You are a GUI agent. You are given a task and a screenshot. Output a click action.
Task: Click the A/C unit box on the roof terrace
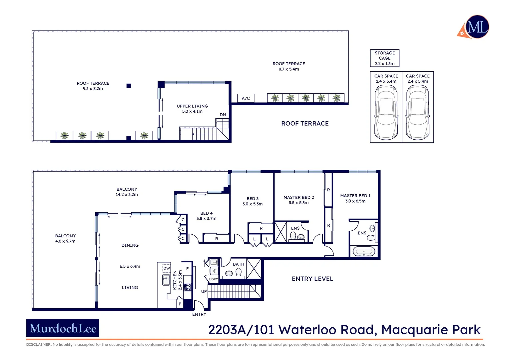pos(246,98)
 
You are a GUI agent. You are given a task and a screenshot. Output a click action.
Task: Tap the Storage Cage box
pos(384,58)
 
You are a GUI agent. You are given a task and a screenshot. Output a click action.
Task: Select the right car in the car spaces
pos(417,112)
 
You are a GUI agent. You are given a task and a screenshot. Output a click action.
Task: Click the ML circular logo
pos(477,27)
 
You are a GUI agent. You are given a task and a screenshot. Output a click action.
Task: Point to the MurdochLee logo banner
pos(63,328)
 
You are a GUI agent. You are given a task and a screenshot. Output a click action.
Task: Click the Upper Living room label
pos(192,106)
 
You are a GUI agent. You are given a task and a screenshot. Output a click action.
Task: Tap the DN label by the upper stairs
pos(223,115)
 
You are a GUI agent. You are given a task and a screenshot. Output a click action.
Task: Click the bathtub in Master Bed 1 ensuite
pos(364,251)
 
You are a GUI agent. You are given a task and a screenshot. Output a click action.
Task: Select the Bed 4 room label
pos(207,213)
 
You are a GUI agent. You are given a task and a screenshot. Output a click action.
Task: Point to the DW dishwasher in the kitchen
pos(167,268)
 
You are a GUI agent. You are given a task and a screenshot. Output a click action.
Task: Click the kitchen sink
pos(166,280)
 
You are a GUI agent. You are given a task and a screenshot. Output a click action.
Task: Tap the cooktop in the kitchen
pos(188,287)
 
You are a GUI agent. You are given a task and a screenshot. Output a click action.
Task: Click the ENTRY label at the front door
pos(199,314)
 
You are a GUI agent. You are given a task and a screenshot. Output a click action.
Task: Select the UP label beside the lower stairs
pos(204,291)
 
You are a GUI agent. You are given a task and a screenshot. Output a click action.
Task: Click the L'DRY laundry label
pos(213,279)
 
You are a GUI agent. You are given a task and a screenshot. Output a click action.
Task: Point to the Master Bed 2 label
pos(298,197)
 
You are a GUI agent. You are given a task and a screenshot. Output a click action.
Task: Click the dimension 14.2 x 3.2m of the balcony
pos(127,195)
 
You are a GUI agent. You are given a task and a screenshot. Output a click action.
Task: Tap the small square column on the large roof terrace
pos(129,86)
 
